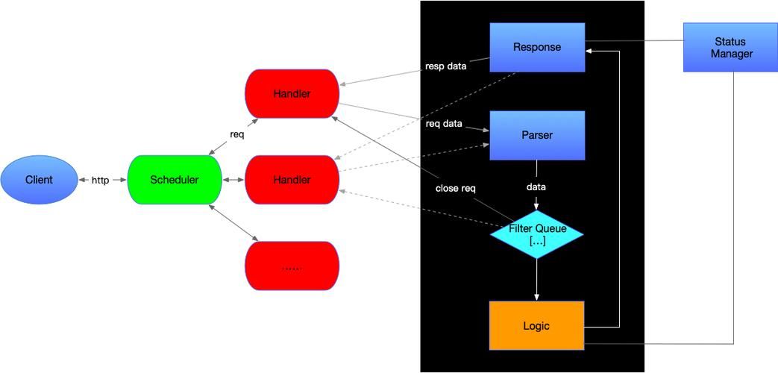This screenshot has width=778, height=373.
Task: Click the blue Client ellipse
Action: click(39, 180)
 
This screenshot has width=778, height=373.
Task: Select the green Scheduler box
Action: click(175, 180)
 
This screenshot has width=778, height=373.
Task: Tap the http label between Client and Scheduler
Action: click(101, 180)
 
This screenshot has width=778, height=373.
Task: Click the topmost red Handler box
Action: click(292, 94)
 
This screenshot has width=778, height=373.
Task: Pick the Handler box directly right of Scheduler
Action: click(292, 180)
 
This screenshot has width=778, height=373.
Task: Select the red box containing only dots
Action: click(292, 266)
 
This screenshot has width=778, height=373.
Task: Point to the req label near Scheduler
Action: click(236, 135)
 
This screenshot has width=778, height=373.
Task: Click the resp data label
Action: click(445, 66)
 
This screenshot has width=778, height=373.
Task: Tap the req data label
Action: click(444, 123)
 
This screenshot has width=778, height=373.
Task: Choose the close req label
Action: click(455, 188)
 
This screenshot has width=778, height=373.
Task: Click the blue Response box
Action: click(537, 47)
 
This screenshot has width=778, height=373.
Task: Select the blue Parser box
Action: click(537, 135)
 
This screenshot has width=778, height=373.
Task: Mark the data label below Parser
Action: click(536, 186)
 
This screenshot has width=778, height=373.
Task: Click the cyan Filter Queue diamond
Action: click(536, 234)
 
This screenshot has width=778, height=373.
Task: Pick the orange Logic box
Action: click(536, 326)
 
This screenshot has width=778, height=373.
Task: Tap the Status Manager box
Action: click(731, 47)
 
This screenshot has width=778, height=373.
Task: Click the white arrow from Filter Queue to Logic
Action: click(536, 280)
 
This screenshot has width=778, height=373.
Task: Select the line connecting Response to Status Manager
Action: click(634, 41)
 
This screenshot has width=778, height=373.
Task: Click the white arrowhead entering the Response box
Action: click(589, 51)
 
